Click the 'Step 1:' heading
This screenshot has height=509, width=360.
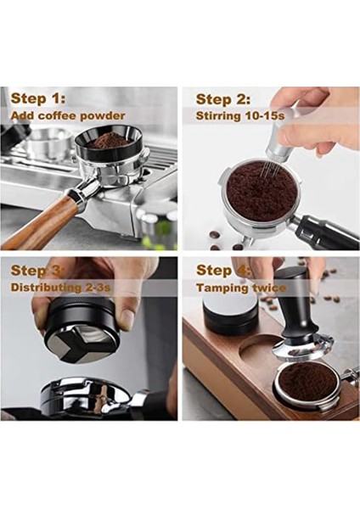(39, 98)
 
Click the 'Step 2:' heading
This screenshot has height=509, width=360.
(223, 98)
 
